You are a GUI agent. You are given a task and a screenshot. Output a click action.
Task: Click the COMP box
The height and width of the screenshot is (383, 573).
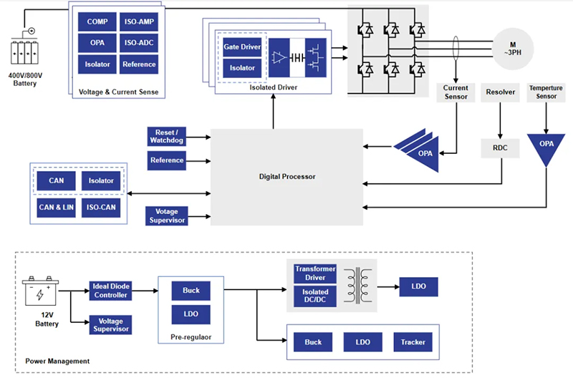(x=97, y=22)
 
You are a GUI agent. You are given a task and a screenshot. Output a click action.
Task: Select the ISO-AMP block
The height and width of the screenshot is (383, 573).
(x=139, y=22)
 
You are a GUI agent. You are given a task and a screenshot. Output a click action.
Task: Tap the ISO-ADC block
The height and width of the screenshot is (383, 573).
(x=139, y=43)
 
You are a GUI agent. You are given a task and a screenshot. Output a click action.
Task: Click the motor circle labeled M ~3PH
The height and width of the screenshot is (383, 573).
(x=512, y=49)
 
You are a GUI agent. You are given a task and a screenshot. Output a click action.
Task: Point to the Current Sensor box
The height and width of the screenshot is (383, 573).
(x=456, y=92)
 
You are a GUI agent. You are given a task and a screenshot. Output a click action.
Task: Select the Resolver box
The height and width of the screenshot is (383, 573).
(x=500, y=92)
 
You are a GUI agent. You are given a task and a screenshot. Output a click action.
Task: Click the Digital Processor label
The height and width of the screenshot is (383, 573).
(x=286, y=176)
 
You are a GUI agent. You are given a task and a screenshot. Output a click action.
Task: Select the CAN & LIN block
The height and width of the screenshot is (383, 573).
(x=57, y=208)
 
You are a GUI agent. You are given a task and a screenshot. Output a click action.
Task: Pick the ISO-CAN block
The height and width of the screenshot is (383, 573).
(x=101, y=208)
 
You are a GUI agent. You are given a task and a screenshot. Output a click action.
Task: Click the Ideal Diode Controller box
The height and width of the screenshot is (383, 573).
(x=111, y=291)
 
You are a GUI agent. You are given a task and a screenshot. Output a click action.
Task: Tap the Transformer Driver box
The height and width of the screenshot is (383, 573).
(x=315, y=273)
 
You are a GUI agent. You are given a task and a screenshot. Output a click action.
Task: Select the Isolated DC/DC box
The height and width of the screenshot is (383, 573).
(x=315, y=296)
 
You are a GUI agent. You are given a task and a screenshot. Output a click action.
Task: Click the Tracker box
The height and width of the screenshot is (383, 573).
(x=413, y=342)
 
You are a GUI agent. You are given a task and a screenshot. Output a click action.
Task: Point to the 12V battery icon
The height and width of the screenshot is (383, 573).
(x=40, y=292)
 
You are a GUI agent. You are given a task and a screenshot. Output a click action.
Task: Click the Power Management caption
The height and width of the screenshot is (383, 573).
(x=57, y=361)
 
